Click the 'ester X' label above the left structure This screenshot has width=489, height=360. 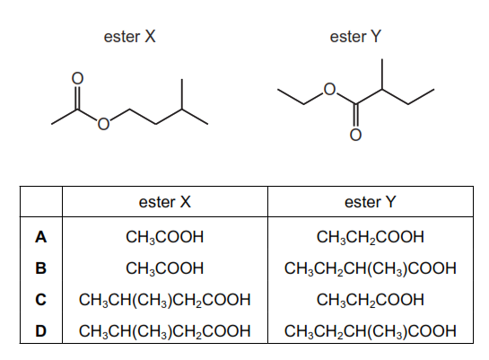[x=129, y=37]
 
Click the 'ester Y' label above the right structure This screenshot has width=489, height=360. [x=355, y=37]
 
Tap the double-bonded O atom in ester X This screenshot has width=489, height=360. [x=78, y=78]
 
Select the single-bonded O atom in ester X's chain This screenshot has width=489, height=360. [x=103, y=124]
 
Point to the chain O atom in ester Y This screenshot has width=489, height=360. [x=329, y=90]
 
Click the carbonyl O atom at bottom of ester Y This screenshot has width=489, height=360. [x=355, y=135]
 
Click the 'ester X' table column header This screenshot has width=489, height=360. [x=165, y=202]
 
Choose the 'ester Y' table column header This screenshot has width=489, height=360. [x=371, y=202]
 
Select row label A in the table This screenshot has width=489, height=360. [x=41, y=237]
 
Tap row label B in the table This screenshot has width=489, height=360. [x=41, y=268]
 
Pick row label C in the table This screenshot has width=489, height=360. [x=41, y=300]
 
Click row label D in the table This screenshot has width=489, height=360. [x=41, y=331]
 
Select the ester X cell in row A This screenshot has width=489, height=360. [x=165, y=237]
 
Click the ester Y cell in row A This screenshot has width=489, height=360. [x=371, y=237]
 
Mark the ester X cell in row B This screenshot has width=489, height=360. [x=165, y=268]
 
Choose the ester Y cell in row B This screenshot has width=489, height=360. [x=371, y=268]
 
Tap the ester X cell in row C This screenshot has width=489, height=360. [x=165, y=300]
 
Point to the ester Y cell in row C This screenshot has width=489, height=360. [x=371, y=300]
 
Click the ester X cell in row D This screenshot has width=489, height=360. [x=165, y=331]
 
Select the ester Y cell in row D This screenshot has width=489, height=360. [x=371, y=331]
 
